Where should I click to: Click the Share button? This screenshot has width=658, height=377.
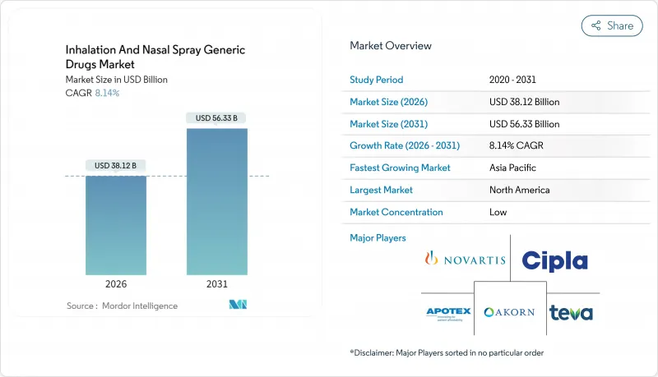pyautogui.click(x=612, y=25)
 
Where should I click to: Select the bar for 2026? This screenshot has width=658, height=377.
pyautogui.click(x=116, y=225)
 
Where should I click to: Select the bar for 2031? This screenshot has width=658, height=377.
pyautogui.click(x=216, y=201)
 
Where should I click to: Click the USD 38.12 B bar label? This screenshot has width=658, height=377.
pyautogui.click(x=116, y=166)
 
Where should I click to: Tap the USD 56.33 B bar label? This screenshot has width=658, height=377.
pyautogui.click(x=216, y=118)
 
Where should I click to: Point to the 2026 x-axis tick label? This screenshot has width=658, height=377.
pyautogui.click(x=116, y=284)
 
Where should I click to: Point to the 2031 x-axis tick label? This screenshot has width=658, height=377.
pyautogui.click(x=216, y=284)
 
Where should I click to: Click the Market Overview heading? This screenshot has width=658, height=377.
pyautogui.click(x=391, y=46)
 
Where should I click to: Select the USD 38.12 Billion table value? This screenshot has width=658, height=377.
pyautogui.click(x=524, y=102)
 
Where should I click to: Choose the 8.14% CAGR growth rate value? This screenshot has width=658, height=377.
pyautogui.click(x=515, y=145)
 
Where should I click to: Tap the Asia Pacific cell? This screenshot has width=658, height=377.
pyautogui.click(x=511, y=168)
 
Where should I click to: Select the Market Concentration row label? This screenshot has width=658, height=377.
pyautogui.click(x=396, y=212)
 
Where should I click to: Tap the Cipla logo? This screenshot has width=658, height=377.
pyautogui.click(x=554, y=260)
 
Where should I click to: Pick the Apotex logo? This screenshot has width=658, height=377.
pyautogui.click(x=447, y=313)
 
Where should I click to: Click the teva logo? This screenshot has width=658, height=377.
pyautogui.click(x=571, y=312)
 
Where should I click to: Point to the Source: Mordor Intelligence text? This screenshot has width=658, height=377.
pyautogui.click(x=122, y=306)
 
